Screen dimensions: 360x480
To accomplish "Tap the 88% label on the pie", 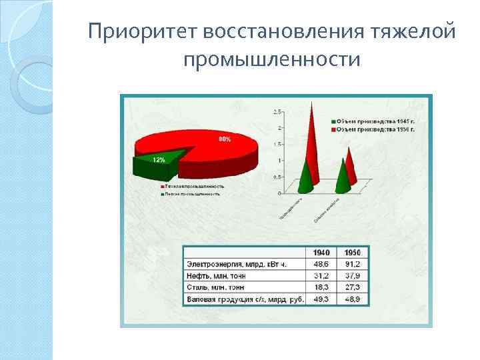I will coord(225,139).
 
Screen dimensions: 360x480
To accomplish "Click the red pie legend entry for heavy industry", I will coord(193,186).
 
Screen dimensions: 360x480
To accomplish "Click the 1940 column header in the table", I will coord(321,253).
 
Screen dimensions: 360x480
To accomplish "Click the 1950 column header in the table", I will coord(352,253).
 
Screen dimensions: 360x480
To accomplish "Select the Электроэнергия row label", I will coord(237,264).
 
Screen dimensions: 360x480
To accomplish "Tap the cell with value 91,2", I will coord(352,264).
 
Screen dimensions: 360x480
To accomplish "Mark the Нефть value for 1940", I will coord(321,275).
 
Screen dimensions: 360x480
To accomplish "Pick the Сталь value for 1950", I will coord(352,287).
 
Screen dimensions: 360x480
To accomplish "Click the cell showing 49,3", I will coord(321,299).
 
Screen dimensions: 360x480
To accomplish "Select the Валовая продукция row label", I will coord(244,299).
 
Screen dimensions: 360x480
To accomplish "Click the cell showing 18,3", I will coord(321,287).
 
